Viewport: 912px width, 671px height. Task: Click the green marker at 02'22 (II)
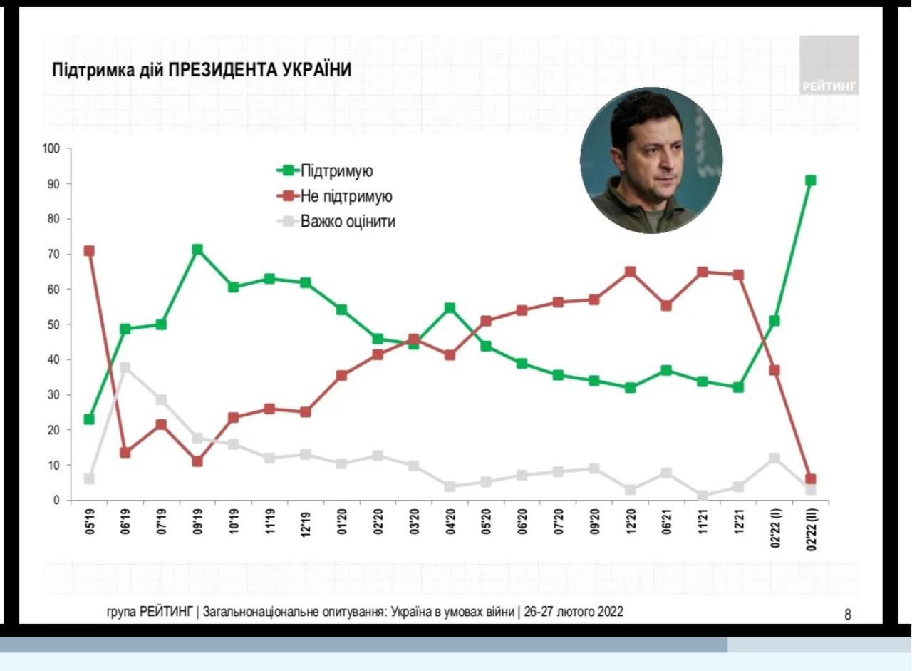(811, 180)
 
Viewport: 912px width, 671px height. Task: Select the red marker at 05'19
(89, 251)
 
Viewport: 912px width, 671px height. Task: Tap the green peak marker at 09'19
(197, 250)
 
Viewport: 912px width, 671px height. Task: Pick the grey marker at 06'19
(125, 368)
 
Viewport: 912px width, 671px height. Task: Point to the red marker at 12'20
(630, 272)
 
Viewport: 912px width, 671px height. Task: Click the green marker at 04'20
(450, 308)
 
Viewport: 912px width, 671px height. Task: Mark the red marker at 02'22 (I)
(774, 370)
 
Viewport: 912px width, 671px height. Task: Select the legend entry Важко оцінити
(348, 222)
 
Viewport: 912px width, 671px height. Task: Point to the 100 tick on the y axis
(51, 149)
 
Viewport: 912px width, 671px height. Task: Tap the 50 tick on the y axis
(54, 324)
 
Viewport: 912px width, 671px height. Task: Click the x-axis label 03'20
(415, 526)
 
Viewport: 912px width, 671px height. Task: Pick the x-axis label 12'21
(739, 526)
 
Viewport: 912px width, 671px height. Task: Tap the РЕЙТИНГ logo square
(829, 65)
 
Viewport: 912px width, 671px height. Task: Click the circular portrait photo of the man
(651, 160)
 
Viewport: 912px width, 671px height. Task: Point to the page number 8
(848, 614)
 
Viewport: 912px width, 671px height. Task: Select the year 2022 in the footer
(610, 612)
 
